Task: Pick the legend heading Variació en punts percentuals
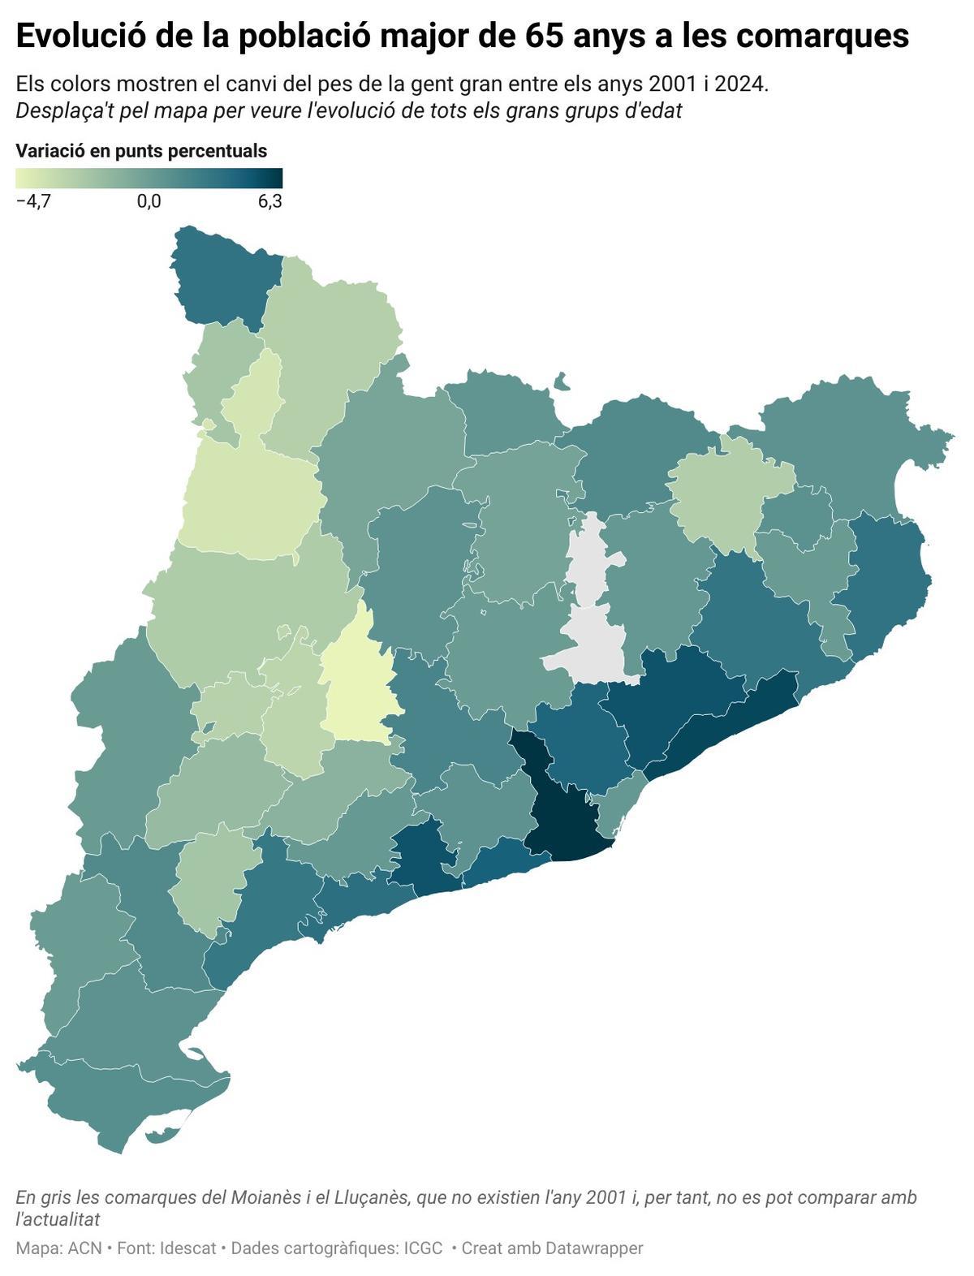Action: [141, 151]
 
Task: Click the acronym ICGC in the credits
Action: [423, 1248]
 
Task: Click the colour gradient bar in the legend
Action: [149, 179]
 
